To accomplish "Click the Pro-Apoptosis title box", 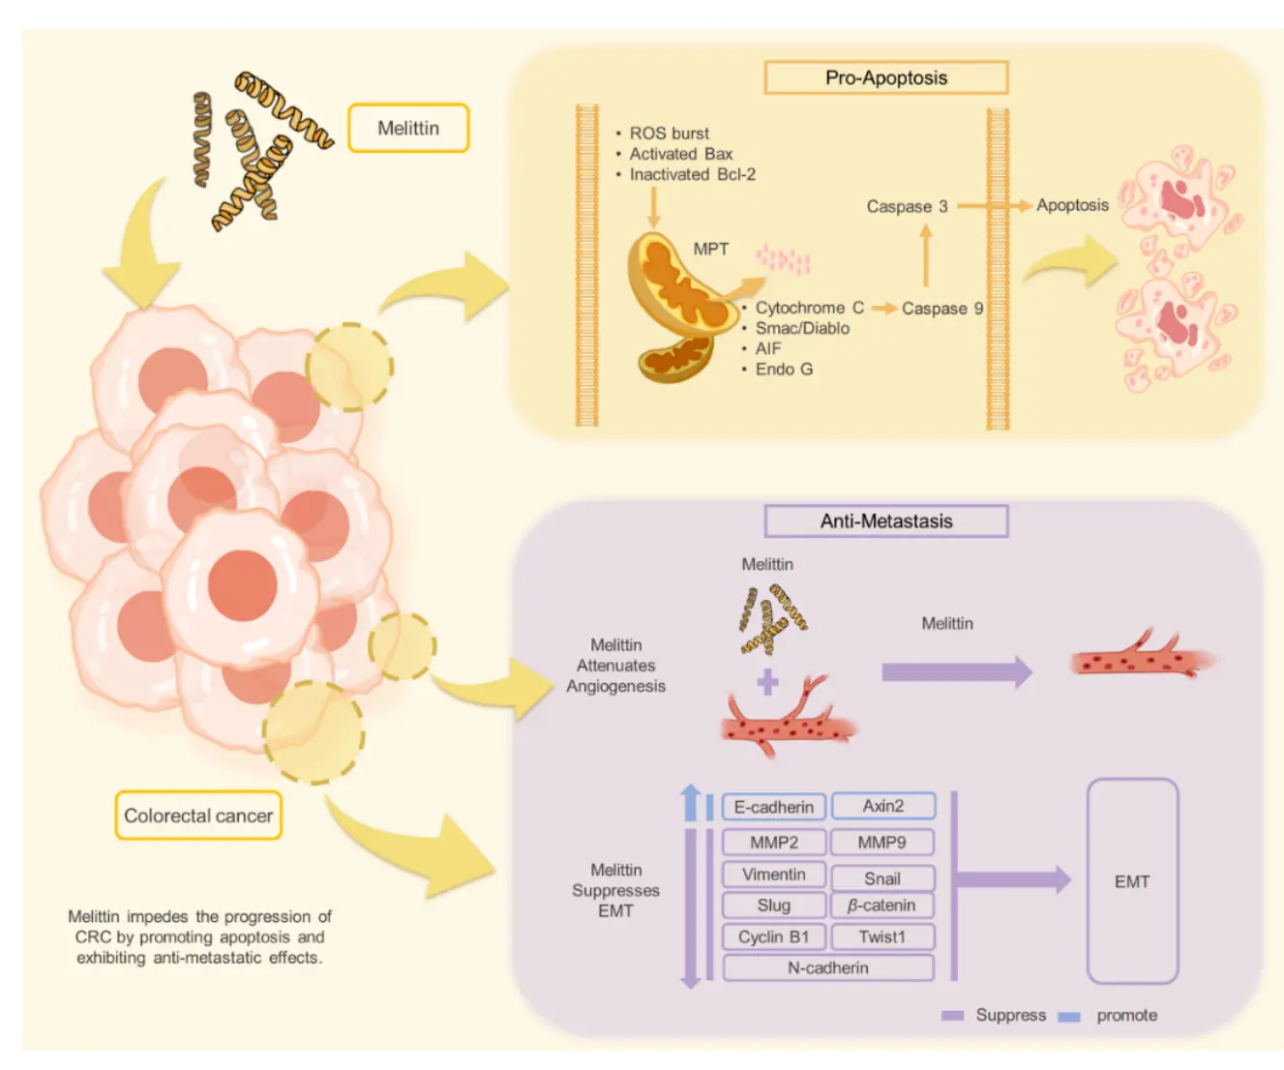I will point(885,77).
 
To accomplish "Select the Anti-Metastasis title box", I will point(885,520).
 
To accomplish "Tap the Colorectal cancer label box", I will point(198,816).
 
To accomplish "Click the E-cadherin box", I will point(773,807).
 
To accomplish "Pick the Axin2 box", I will point(882,806).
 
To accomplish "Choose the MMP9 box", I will point(881,843).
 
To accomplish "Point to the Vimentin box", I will point(773,875).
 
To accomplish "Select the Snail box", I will point(881,878).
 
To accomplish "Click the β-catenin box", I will point(881,906).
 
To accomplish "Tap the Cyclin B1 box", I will point(773,936).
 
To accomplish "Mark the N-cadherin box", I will point(827,967).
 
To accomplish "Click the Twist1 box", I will point(881,936).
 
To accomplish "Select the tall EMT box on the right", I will point(1132,881).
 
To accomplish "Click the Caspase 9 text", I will point(941,309).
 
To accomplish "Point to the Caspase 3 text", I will point(907,206).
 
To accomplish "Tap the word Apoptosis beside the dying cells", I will point(1072,205).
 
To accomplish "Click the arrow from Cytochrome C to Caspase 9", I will point(883,309).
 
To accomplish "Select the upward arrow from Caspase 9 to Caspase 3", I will point(926,255).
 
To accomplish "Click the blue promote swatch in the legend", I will point(1069,1017).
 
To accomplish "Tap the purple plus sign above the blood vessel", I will point(767,683).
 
